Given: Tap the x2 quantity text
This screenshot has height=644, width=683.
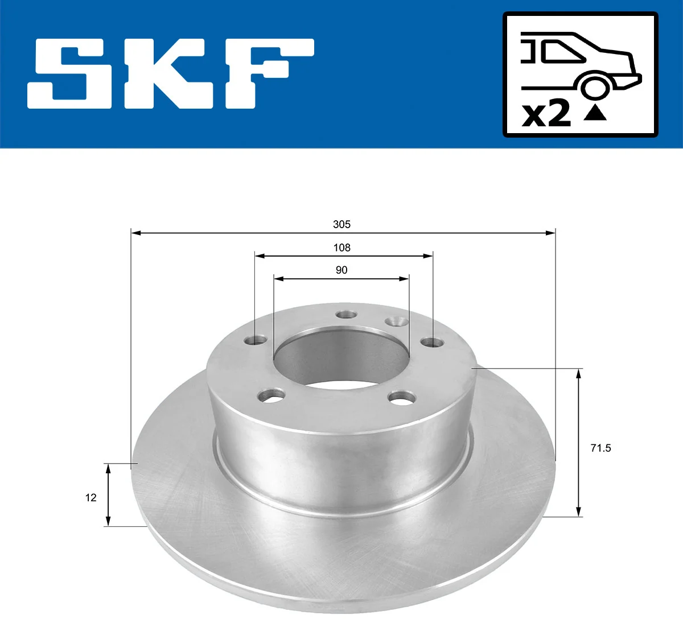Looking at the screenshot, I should (x=546, y=114).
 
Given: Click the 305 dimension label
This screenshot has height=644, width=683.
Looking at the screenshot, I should (x=341, y=224).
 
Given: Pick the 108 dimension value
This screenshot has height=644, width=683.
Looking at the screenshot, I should (x=341, y=247).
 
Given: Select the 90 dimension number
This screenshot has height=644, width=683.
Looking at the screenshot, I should (x=341, y=270).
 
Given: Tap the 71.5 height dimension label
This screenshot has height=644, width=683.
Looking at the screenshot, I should (x=600, y=448).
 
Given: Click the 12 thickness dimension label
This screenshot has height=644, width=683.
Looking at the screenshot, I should (x=91, y=498).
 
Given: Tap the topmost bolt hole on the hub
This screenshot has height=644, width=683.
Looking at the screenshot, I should (x=345, y=315).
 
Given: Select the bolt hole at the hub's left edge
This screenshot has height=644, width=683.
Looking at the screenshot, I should (x=255, y=340).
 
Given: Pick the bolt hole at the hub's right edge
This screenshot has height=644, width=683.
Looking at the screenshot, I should (x=432, y=342).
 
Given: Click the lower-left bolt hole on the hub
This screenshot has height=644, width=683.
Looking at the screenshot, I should (x=271, y=395).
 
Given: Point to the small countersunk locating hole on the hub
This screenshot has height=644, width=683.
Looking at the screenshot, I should (x=396, y=322).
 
